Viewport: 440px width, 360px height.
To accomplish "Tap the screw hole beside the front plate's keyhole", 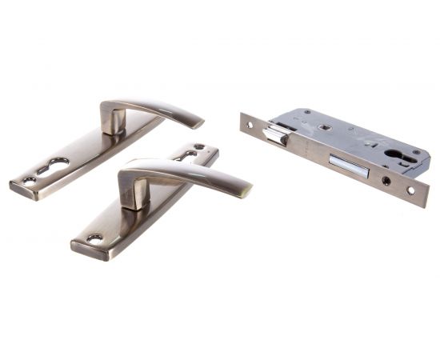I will [199, 147].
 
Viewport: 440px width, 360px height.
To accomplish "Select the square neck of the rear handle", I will [113, 121].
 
